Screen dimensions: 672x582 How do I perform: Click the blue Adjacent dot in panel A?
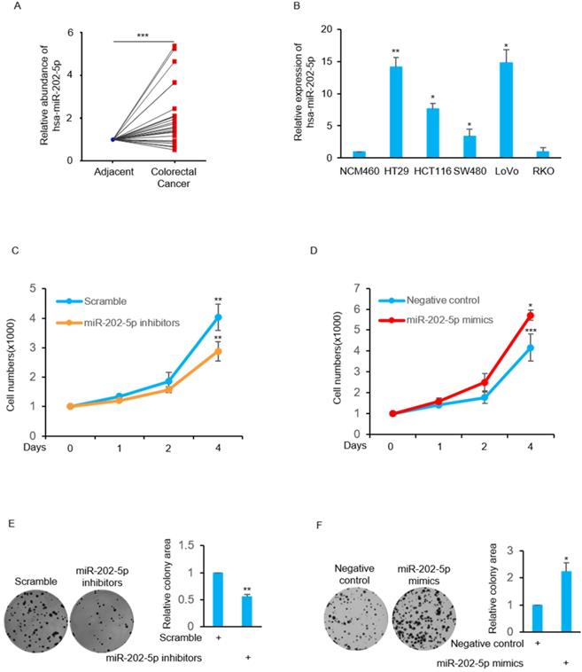pos(113,139)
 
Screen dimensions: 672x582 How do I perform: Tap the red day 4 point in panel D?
pos(506,316)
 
